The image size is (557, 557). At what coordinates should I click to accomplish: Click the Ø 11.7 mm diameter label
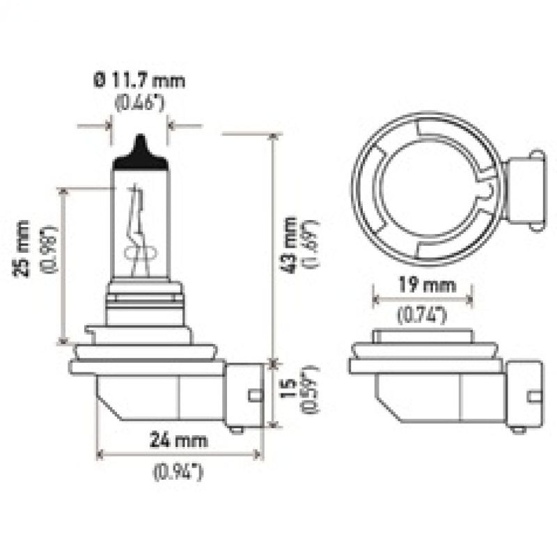click(x=140, y=81)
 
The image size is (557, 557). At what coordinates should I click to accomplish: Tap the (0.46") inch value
click(x=140, y=106)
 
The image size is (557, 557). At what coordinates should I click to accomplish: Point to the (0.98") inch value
click(x=49, y=249)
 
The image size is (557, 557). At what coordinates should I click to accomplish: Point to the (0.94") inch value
click(x=178, y=472)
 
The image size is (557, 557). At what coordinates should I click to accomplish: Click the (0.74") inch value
click(x=422, y=315)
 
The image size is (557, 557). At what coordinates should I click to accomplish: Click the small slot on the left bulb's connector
click(x=256, y=397)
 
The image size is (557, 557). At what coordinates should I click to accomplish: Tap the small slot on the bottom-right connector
click(x=534, y=397)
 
